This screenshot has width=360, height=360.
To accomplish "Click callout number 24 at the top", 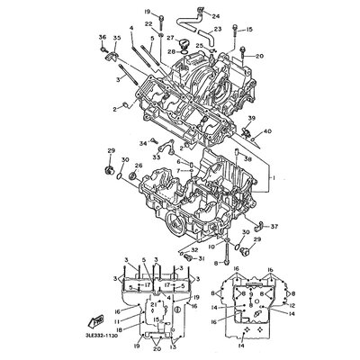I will [x=214, y=16].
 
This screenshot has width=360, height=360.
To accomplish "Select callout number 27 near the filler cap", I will [x=169, y=39].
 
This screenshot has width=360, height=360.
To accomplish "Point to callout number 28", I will [x=169, y=52].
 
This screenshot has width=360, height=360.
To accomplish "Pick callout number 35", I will [x=116, y=36].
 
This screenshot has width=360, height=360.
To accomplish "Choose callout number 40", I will [x=266, y=131].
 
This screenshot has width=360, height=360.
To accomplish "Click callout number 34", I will [x=142, y=143].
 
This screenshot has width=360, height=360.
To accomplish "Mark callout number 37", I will [x=274, y=226].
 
